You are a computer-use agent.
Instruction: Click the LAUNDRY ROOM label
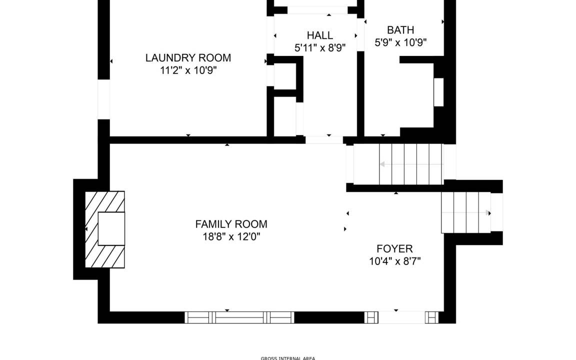click(188, 57)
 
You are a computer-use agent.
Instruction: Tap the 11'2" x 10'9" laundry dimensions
click(188, 70)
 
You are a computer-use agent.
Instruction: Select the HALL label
click(320, 35)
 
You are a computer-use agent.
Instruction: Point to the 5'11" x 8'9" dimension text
click(320, 48)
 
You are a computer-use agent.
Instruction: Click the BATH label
click(400, 30)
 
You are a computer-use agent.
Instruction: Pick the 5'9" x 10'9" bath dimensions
click(400, 42)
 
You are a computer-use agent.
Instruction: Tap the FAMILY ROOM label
click(231, 224)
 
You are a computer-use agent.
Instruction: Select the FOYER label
click(395, 248)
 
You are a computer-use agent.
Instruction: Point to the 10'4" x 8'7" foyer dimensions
click(395, 261)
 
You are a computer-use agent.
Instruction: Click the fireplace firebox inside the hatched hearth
click(111, 228)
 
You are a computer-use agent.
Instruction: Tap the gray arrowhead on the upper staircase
click(382, 164)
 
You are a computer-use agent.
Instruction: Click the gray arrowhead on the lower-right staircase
click(488, 212)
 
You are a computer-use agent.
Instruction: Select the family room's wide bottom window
click(239, 317)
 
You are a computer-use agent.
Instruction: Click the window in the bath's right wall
click(438, 92)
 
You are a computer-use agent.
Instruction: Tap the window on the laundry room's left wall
click(103, 99)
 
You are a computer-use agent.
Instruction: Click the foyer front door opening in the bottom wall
click(401, 317)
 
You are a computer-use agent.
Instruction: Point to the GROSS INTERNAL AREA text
click(288, 358)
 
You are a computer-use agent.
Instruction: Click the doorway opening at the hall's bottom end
click(324, 139)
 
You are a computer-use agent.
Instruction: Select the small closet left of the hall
click(284, 76)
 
